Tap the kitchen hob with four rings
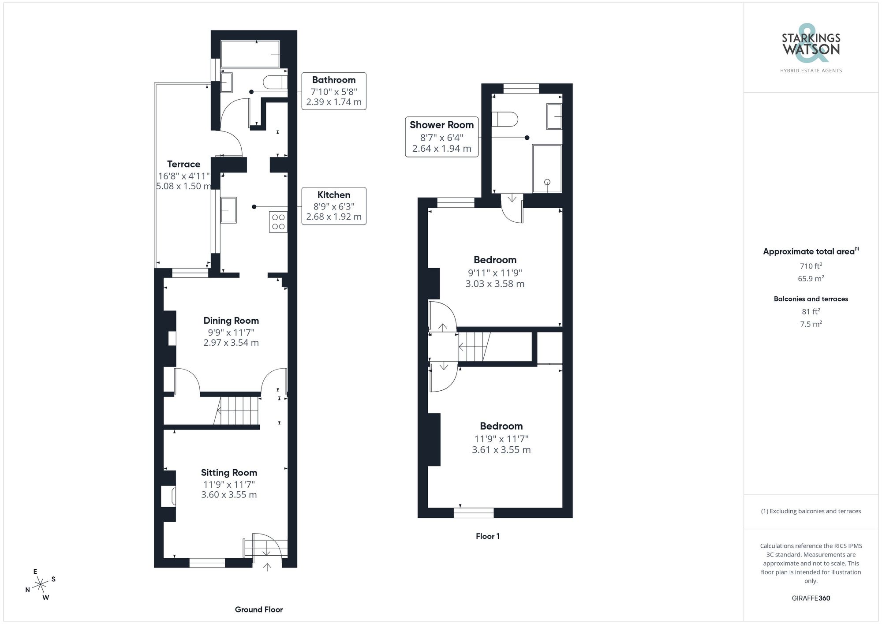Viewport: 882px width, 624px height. (278, 222)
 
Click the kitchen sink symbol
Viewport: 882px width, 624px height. (228, 210)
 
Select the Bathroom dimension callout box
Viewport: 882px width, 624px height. (334, 91)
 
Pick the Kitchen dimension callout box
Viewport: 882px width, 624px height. (334, 206)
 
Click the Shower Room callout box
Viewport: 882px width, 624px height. (441, 137)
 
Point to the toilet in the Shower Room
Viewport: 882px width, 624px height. (505, 119)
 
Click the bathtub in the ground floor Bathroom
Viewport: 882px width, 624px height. (250, 54)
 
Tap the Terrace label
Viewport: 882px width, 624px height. (183, 164)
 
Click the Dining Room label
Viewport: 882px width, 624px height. (231, 321)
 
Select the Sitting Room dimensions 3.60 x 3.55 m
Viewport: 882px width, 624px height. (229, 495)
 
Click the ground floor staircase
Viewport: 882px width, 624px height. (237, 411)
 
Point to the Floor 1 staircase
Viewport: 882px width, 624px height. (475, 347)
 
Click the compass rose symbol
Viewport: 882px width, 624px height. (41, 585)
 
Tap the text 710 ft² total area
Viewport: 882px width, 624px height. (811, 266)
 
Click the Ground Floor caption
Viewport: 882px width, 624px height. (258, 609)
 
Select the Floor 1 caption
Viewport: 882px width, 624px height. (487, 536)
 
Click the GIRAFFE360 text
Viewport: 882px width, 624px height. (811, 598)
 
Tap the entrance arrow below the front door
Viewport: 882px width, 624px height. (267, 567)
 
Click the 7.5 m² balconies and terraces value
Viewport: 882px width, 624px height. (811, 324)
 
